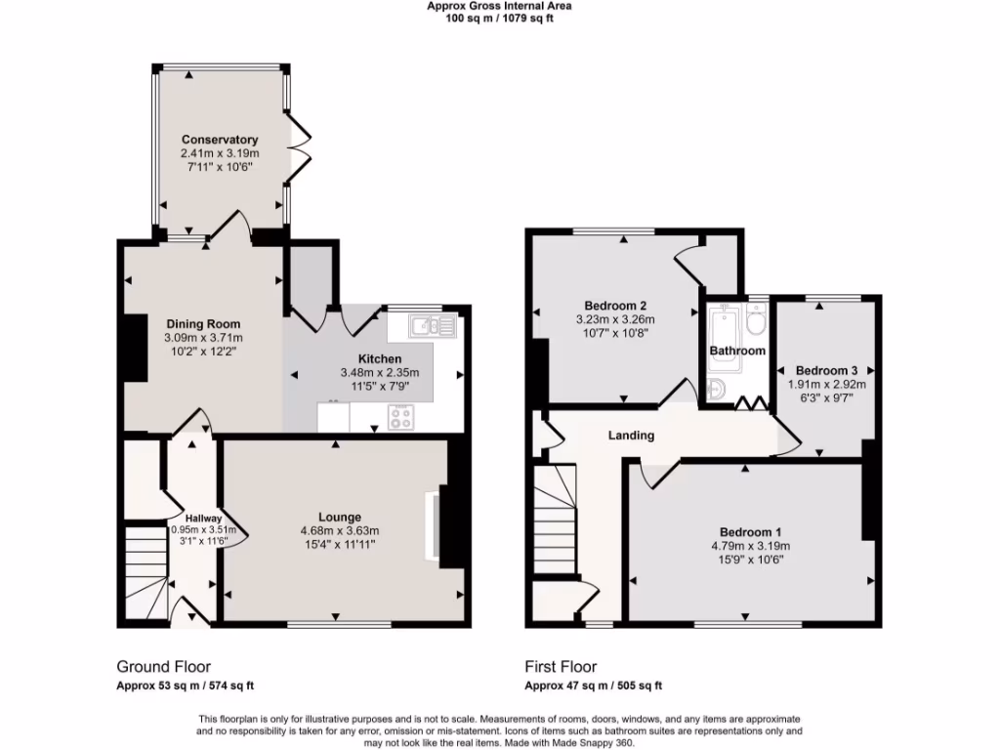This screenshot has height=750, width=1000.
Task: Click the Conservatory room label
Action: point(219,140)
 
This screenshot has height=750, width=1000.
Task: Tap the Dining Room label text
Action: point(202,324)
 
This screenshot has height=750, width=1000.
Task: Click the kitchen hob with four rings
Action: point(400,417)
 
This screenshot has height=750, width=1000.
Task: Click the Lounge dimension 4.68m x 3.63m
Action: point(339,531)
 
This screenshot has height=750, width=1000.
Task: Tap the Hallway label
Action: point(204,519)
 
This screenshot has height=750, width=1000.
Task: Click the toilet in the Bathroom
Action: point(755,320)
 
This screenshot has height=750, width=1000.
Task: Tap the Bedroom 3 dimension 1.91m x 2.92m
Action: point(826,385)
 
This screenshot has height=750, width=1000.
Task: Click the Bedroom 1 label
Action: point(749,531)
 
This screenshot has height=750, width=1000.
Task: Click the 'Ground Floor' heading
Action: point(163,667)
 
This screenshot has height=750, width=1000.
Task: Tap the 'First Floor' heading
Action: point(561,667)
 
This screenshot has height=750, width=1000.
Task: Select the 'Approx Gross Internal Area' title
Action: point(499,6)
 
